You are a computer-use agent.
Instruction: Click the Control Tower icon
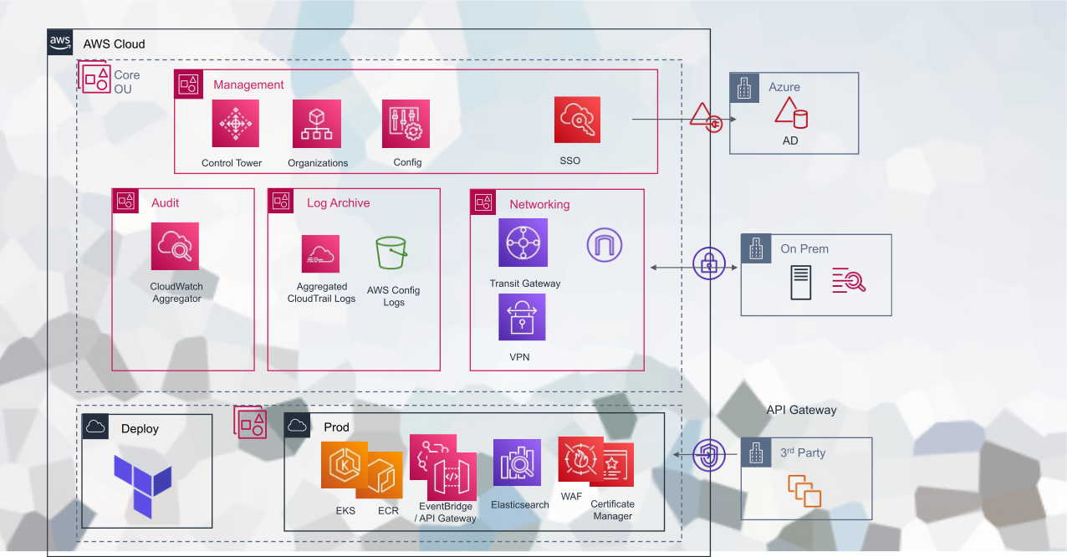pos(235,124)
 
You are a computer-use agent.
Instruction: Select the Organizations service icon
pos(316,124)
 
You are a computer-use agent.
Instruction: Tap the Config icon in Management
pos(406,124)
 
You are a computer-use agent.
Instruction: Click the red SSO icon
pos(577,120)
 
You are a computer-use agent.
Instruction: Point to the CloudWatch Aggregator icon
pos(175,246)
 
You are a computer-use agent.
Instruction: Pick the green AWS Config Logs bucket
pos(391,253)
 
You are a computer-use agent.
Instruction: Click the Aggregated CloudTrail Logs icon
pos(320,254)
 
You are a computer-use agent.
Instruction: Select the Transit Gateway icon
pos(523,243)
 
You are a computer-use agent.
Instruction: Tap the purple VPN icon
pos(522,317)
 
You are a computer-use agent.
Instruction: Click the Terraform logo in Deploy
pos(143,486)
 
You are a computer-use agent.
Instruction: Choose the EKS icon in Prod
pos(343,465)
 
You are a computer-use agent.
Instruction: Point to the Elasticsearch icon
pos(517,463)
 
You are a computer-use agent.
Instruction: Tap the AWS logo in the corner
pos(60,43)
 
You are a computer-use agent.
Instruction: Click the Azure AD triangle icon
pos(789,112)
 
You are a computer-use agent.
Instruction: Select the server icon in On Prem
pos(800,282)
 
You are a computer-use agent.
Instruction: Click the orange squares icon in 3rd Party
pos(805,491)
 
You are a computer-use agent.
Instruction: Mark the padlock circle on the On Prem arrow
pos(708,263)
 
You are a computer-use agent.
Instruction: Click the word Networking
pos(539,204)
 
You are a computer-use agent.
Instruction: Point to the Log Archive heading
pos(338,202)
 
